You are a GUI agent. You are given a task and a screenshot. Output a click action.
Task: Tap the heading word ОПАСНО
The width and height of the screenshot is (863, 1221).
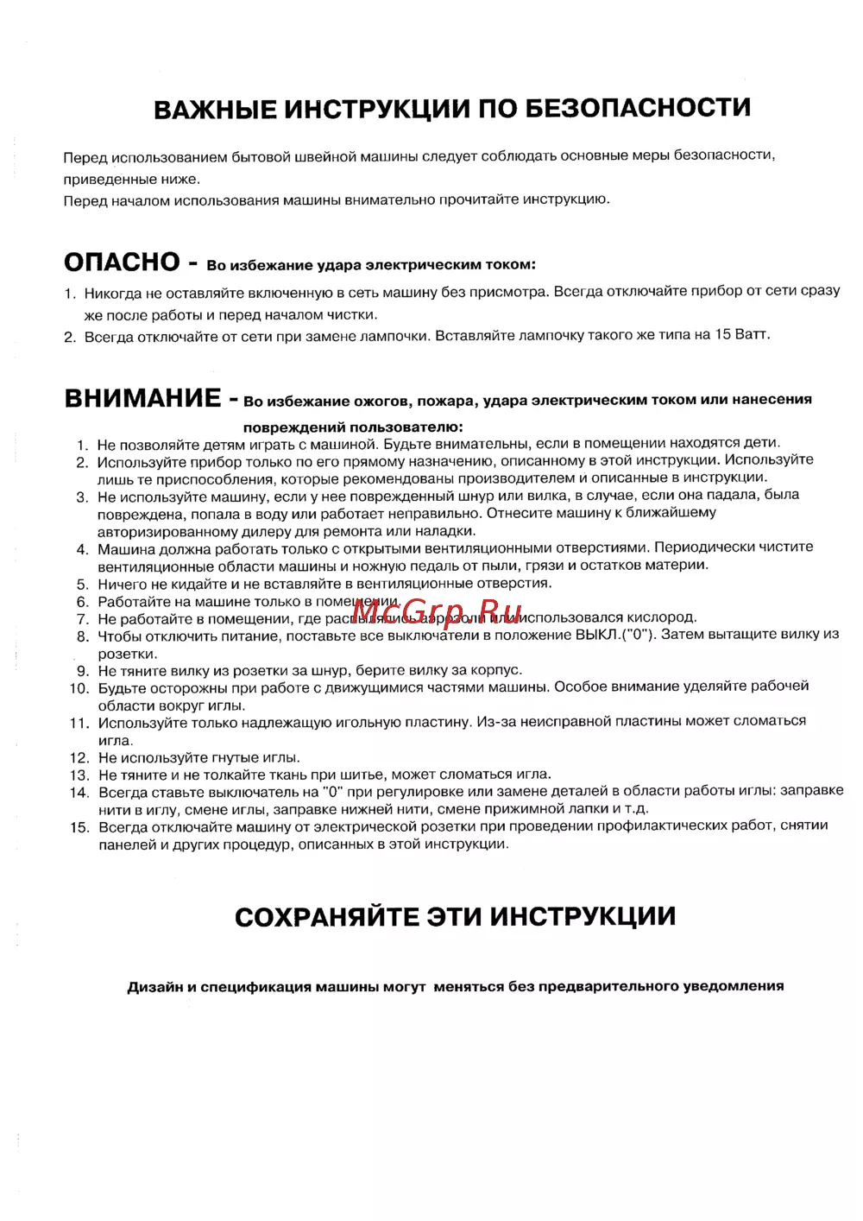coord(122,262)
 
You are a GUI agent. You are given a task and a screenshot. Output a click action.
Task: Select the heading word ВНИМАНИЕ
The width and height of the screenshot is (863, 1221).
coord(143,398)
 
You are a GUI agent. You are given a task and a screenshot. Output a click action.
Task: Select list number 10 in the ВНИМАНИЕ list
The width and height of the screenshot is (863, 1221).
coord(79,688)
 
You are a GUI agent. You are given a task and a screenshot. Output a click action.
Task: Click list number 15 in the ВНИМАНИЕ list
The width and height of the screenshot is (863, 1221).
coord(79,827)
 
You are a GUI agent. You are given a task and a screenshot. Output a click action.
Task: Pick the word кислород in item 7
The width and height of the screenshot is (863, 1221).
coord(659,617)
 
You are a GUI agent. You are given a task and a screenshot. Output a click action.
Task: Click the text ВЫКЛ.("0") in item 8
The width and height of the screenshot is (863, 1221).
coord(616,635)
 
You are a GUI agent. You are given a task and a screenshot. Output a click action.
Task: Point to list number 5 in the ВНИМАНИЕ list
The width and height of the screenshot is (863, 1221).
coord(82,585)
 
